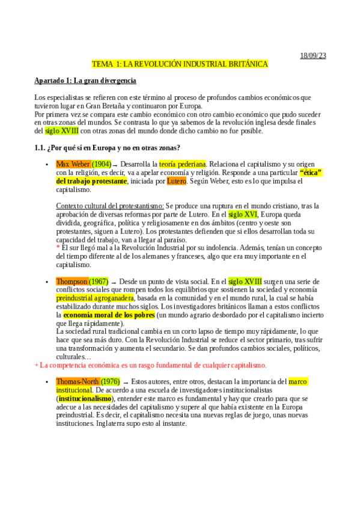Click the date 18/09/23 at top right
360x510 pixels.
point(313,56)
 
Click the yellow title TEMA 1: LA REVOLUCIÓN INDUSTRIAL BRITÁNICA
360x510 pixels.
point(180,64)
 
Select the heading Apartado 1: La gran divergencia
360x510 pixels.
point(85,81)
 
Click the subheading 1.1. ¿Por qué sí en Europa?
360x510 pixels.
point(108,147)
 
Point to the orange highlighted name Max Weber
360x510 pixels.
point(73,164)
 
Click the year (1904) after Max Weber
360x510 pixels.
point(101,164)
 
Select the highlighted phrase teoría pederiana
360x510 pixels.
point(183,164)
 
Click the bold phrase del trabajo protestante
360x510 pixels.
point(92,180)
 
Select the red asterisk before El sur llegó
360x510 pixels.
point(58,247)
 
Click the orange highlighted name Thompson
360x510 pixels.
point(72,281)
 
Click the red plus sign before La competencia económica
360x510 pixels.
point(36,365)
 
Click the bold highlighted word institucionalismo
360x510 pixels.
point(85,398)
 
